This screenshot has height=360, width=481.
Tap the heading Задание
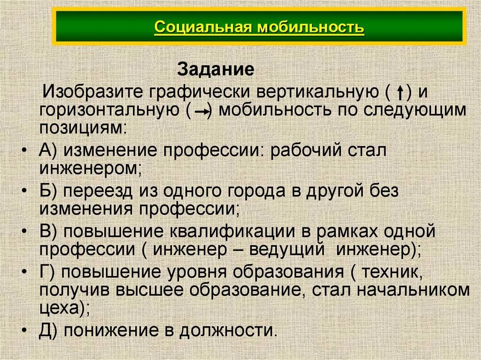[x=216, y=70]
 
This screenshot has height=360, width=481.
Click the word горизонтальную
[x=108, y=111]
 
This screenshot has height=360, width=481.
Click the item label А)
[x=48, y=151]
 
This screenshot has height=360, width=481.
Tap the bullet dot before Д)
[x=25, y=330]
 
